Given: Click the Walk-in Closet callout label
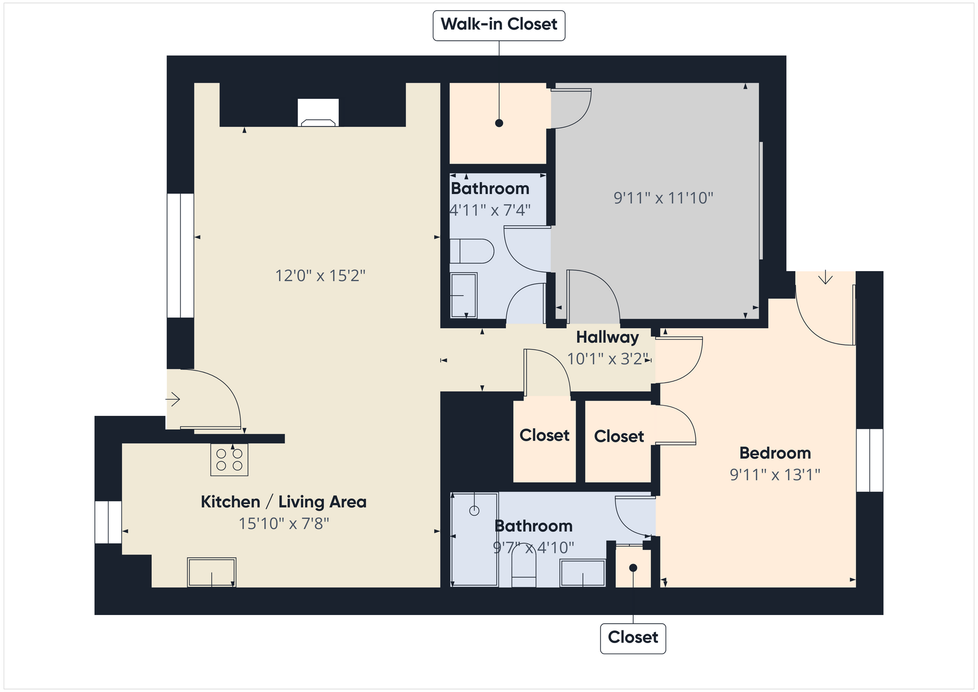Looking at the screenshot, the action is (x=499, y=25).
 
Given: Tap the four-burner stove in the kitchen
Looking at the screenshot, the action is (x=229, y=460).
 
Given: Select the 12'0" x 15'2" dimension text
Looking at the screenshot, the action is (x=320, y=276).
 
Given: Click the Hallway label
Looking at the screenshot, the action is (x=607, y=337).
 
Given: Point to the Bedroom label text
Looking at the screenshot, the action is (x=775, y=453).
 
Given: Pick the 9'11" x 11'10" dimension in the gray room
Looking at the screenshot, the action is (x=663, y=198).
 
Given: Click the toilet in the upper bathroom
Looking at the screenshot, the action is (x=472, y=251).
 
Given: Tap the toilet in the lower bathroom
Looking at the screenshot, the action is (x=524, y=568).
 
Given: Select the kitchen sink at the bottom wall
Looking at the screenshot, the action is (x=211, y=572).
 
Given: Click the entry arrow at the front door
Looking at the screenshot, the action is (x=173, y=399).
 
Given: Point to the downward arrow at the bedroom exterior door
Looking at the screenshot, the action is (x=825, y=277).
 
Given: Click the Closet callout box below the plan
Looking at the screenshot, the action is (x=633, y=638).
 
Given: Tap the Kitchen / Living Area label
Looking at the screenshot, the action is (x=284, y=502).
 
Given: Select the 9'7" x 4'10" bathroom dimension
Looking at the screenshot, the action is (x=533, y=548).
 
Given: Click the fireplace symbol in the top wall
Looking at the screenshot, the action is (x=318, y=113).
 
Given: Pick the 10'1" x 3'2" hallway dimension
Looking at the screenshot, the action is (x=608, y=359).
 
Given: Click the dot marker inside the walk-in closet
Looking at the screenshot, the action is (x=499, y=123).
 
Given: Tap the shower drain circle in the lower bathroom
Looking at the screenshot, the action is (x=474, y=511).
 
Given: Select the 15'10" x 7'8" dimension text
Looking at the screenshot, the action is (x=284, y=524).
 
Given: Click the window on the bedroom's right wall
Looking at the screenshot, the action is (x=870, y=461).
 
